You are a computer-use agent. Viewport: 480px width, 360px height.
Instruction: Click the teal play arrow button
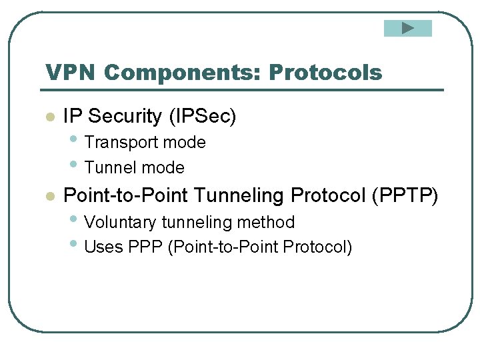(x=408, y=28)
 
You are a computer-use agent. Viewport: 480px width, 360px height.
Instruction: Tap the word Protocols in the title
(x=325, y=73)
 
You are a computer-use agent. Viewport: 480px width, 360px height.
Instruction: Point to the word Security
(x=125, y=117)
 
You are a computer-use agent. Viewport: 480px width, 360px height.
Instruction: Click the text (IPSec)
(x=202, y=117)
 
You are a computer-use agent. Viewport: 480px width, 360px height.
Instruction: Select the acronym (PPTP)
(x=405, y=195)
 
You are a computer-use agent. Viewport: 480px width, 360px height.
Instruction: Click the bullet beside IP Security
(x=49, y=117)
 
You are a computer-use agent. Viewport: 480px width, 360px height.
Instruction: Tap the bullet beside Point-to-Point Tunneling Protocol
(x=49, y=196)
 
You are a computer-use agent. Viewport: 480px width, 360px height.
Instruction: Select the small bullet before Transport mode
(x=73, y=140)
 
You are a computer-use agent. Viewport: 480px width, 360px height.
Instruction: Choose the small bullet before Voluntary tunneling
(x=73, y=219)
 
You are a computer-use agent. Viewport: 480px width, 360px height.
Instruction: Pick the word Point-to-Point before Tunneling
(x=125, y=195)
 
